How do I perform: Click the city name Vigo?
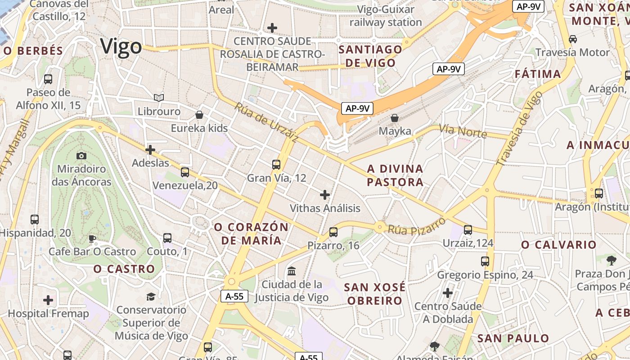pos(121,46)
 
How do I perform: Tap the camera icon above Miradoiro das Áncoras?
pos(81,156)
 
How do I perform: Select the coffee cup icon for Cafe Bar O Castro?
pos(92,238)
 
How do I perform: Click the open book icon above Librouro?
pos(159,98)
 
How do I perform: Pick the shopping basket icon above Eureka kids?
pos(199,115)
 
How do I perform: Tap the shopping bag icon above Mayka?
pos(395,118)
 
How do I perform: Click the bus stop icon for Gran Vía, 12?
pos(276,165)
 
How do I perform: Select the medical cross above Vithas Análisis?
pos(325,195)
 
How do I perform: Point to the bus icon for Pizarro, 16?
pos(333,232)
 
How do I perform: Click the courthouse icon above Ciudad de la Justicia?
pos(292,271)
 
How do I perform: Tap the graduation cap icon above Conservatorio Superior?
pos(151,297)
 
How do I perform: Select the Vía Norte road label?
pos(463,131)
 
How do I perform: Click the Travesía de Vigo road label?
pos(519,128)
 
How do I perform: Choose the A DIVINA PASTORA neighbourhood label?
pos(396,175)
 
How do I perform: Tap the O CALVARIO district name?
pos(558,245)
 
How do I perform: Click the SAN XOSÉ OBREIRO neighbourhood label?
pos(375,294)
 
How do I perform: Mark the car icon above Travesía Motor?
pos(573,39)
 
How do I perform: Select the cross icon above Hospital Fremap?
pos(48,300)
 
